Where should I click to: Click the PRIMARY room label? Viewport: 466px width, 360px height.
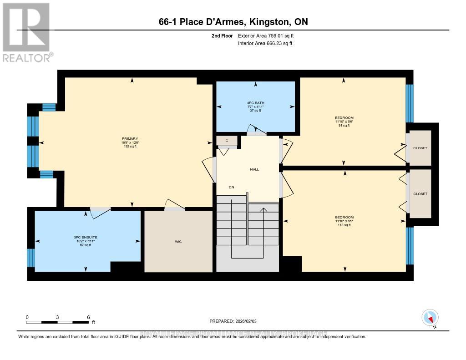[x=130, y=139]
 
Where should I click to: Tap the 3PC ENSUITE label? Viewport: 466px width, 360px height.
[x=86, y=237]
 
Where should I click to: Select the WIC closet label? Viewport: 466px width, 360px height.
[x=178, y=242]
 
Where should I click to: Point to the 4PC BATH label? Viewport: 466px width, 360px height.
[x=255, y=102]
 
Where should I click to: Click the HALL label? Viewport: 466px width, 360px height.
[x=254, y=169]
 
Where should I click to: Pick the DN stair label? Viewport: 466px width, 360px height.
[x=232, y=187]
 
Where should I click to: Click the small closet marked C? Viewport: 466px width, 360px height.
[x=227, y=141]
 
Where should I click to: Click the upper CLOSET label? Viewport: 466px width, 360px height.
[x=420, y=148]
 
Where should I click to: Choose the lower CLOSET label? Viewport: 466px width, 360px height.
[x=420, y=194]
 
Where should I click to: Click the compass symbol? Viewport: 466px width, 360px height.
[x=430, y=317]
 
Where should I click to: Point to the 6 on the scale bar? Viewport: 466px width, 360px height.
[x=88, y=317]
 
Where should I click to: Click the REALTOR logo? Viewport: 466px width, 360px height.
[x=26, y=32]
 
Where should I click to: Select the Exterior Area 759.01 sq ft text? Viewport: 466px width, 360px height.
[x=269, y=35]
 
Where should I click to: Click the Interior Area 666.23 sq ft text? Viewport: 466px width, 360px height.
[x=265, y=44]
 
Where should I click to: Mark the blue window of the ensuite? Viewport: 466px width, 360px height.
[x=31, y=258]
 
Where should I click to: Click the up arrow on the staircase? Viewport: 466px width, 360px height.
[x=263, y=210]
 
